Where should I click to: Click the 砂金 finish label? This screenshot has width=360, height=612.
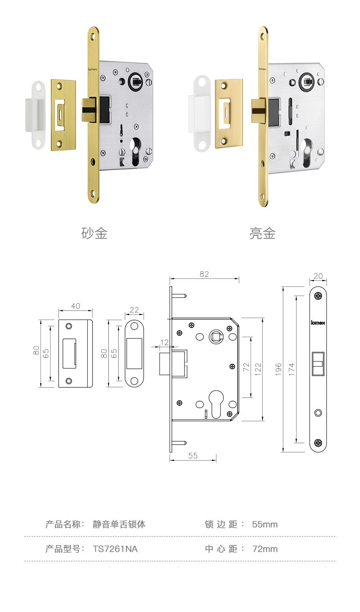pos(94,233)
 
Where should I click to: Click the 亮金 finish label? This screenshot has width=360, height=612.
pos(262,233)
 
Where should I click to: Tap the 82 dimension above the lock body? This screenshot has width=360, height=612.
pos(204,274)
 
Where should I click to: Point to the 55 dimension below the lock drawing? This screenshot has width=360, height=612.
pos(193,456)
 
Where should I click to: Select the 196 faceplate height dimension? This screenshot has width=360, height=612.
pos(278,369)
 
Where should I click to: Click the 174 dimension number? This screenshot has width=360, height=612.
pos(292,369)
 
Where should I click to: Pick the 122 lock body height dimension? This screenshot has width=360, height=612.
pos(258,369)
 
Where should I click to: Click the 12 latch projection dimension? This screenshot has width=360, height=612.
pos(164,342)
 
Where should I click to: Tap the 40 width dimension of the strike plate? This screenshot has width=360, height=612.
pos(76,306)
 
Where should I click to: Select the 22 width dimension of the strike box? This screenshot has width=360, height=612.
pos(134,310)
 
